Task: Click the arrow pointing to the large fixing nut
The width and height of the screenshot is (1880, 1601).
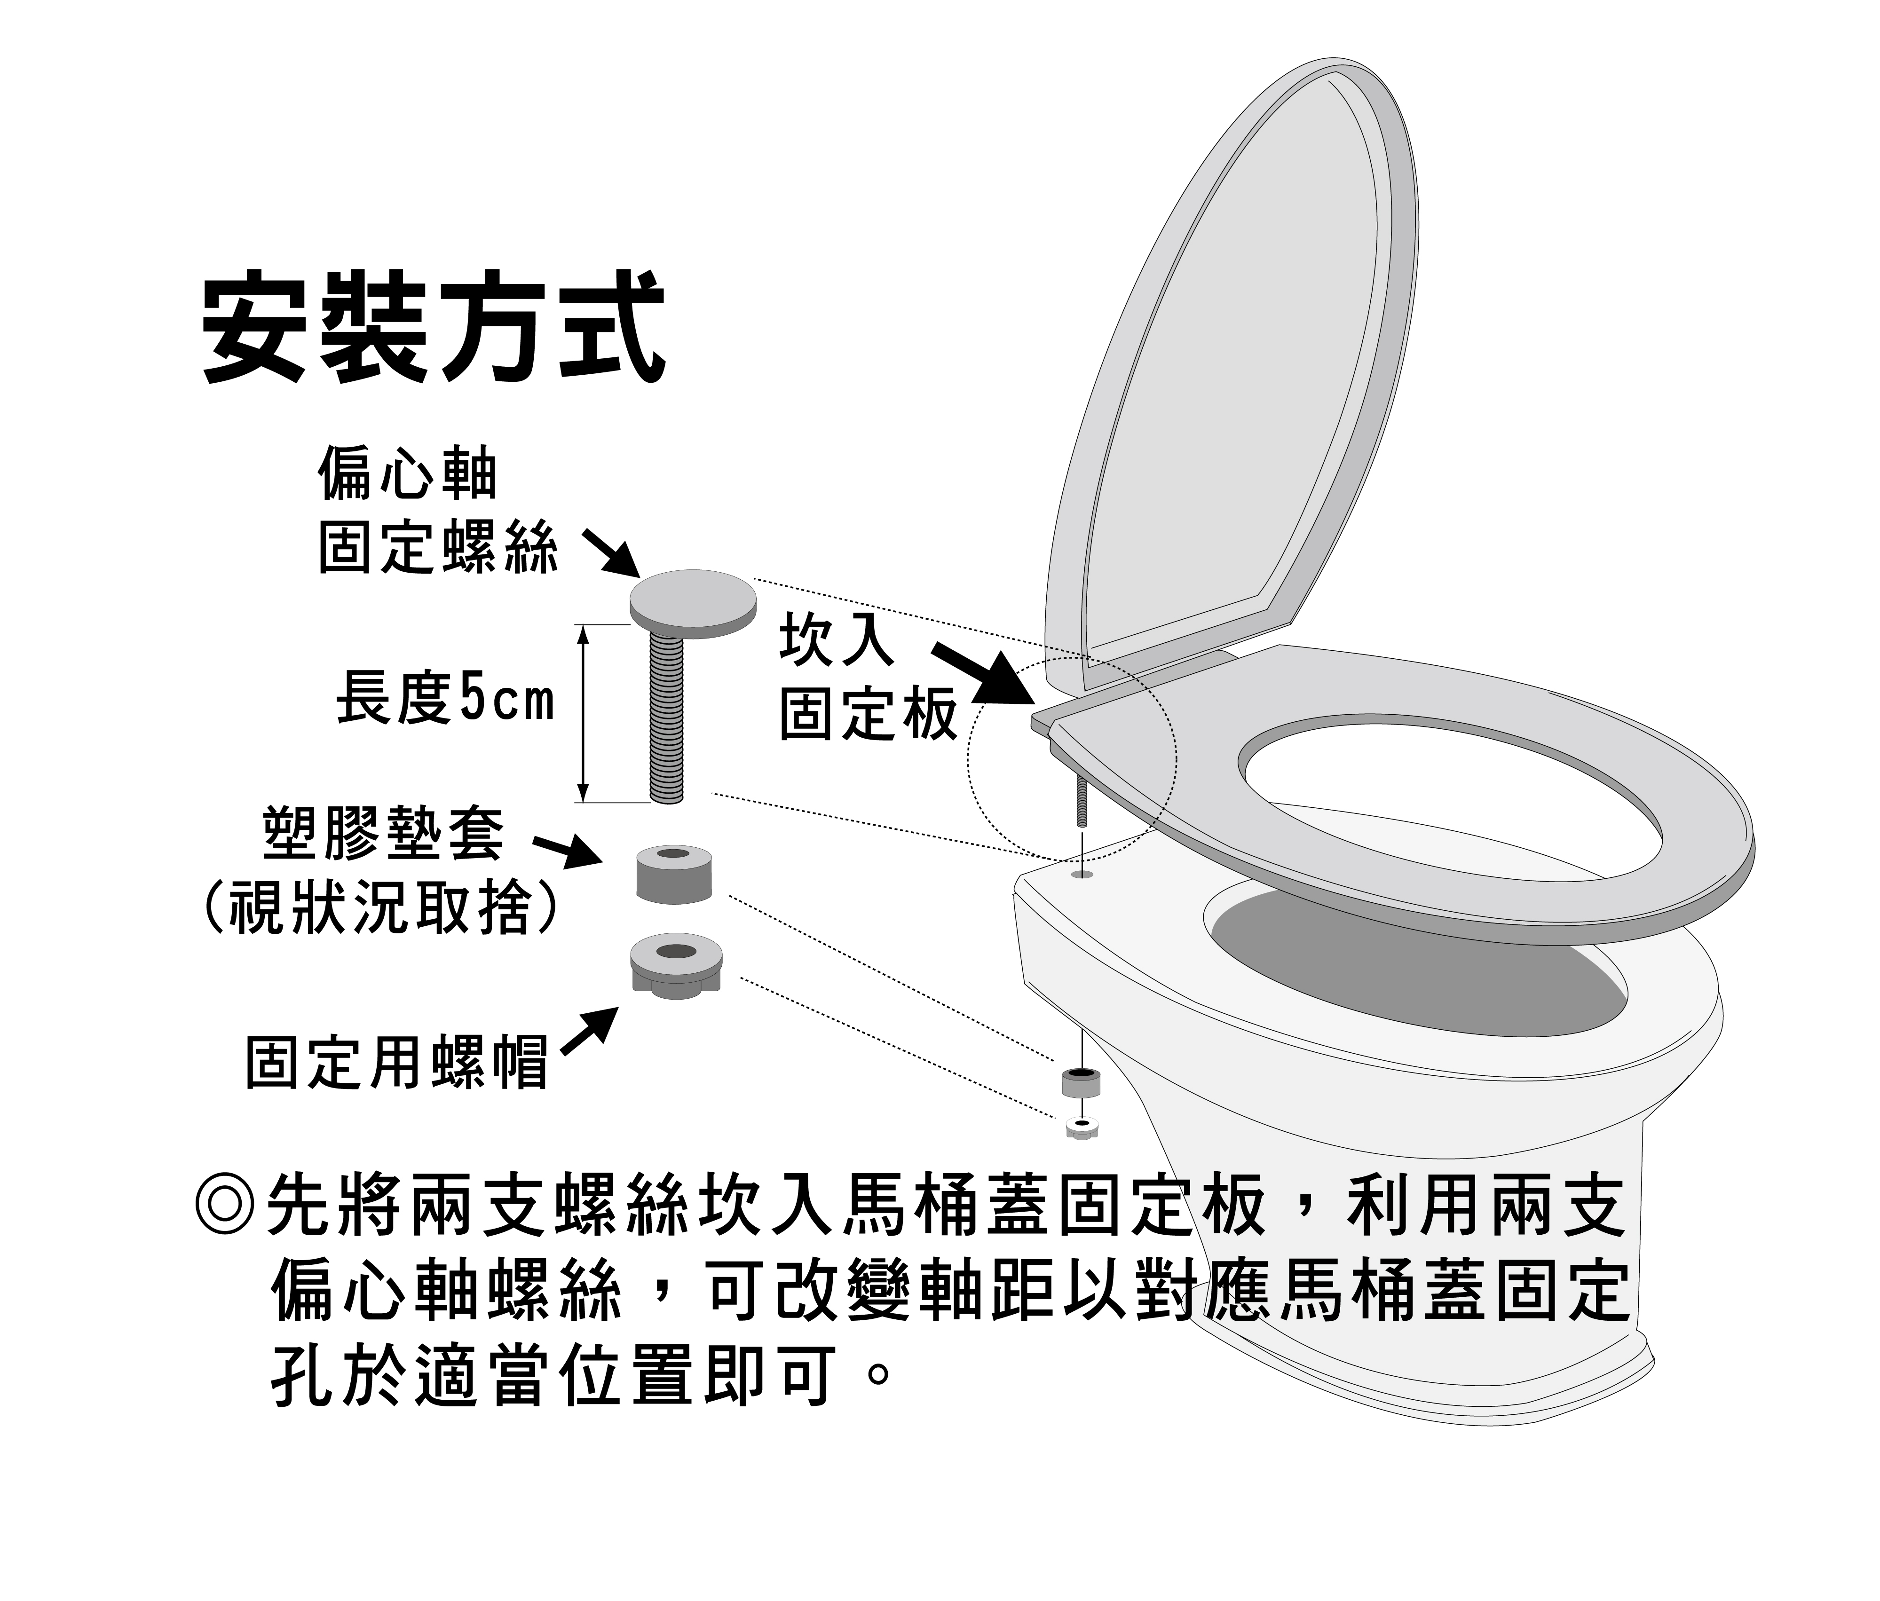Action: [x=590, y=1031]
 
